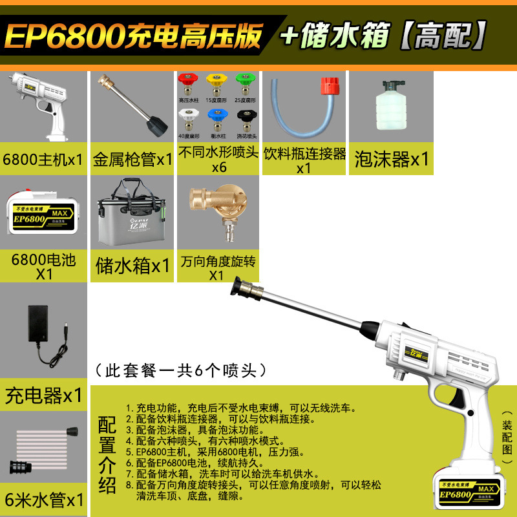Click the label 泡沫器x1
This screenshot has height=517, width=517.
click(392, 159)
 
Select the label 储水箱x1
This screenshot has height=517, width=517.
click(132, 266)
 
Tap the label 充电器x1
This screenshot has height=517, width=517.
click(44, 394)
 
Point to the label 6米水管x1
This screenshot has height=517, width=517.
click(44, 500)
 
